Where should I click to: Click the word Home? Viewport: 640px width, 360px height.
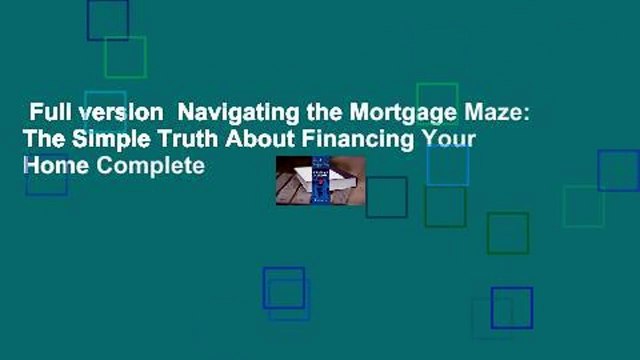pos(48,166)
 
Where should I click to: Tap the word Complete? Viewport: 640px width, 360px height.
pos(143,166)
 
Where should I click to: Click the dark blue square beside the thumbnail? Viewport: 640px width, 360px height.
pos(386,197)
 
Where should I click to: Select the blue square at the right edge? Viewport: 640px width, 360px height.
pos(618,170)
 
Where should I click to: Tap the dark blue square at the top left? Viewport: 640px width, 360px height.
pos(107,20)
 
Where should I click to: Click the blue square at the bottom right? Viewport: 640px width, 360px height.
pos(512,308)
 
